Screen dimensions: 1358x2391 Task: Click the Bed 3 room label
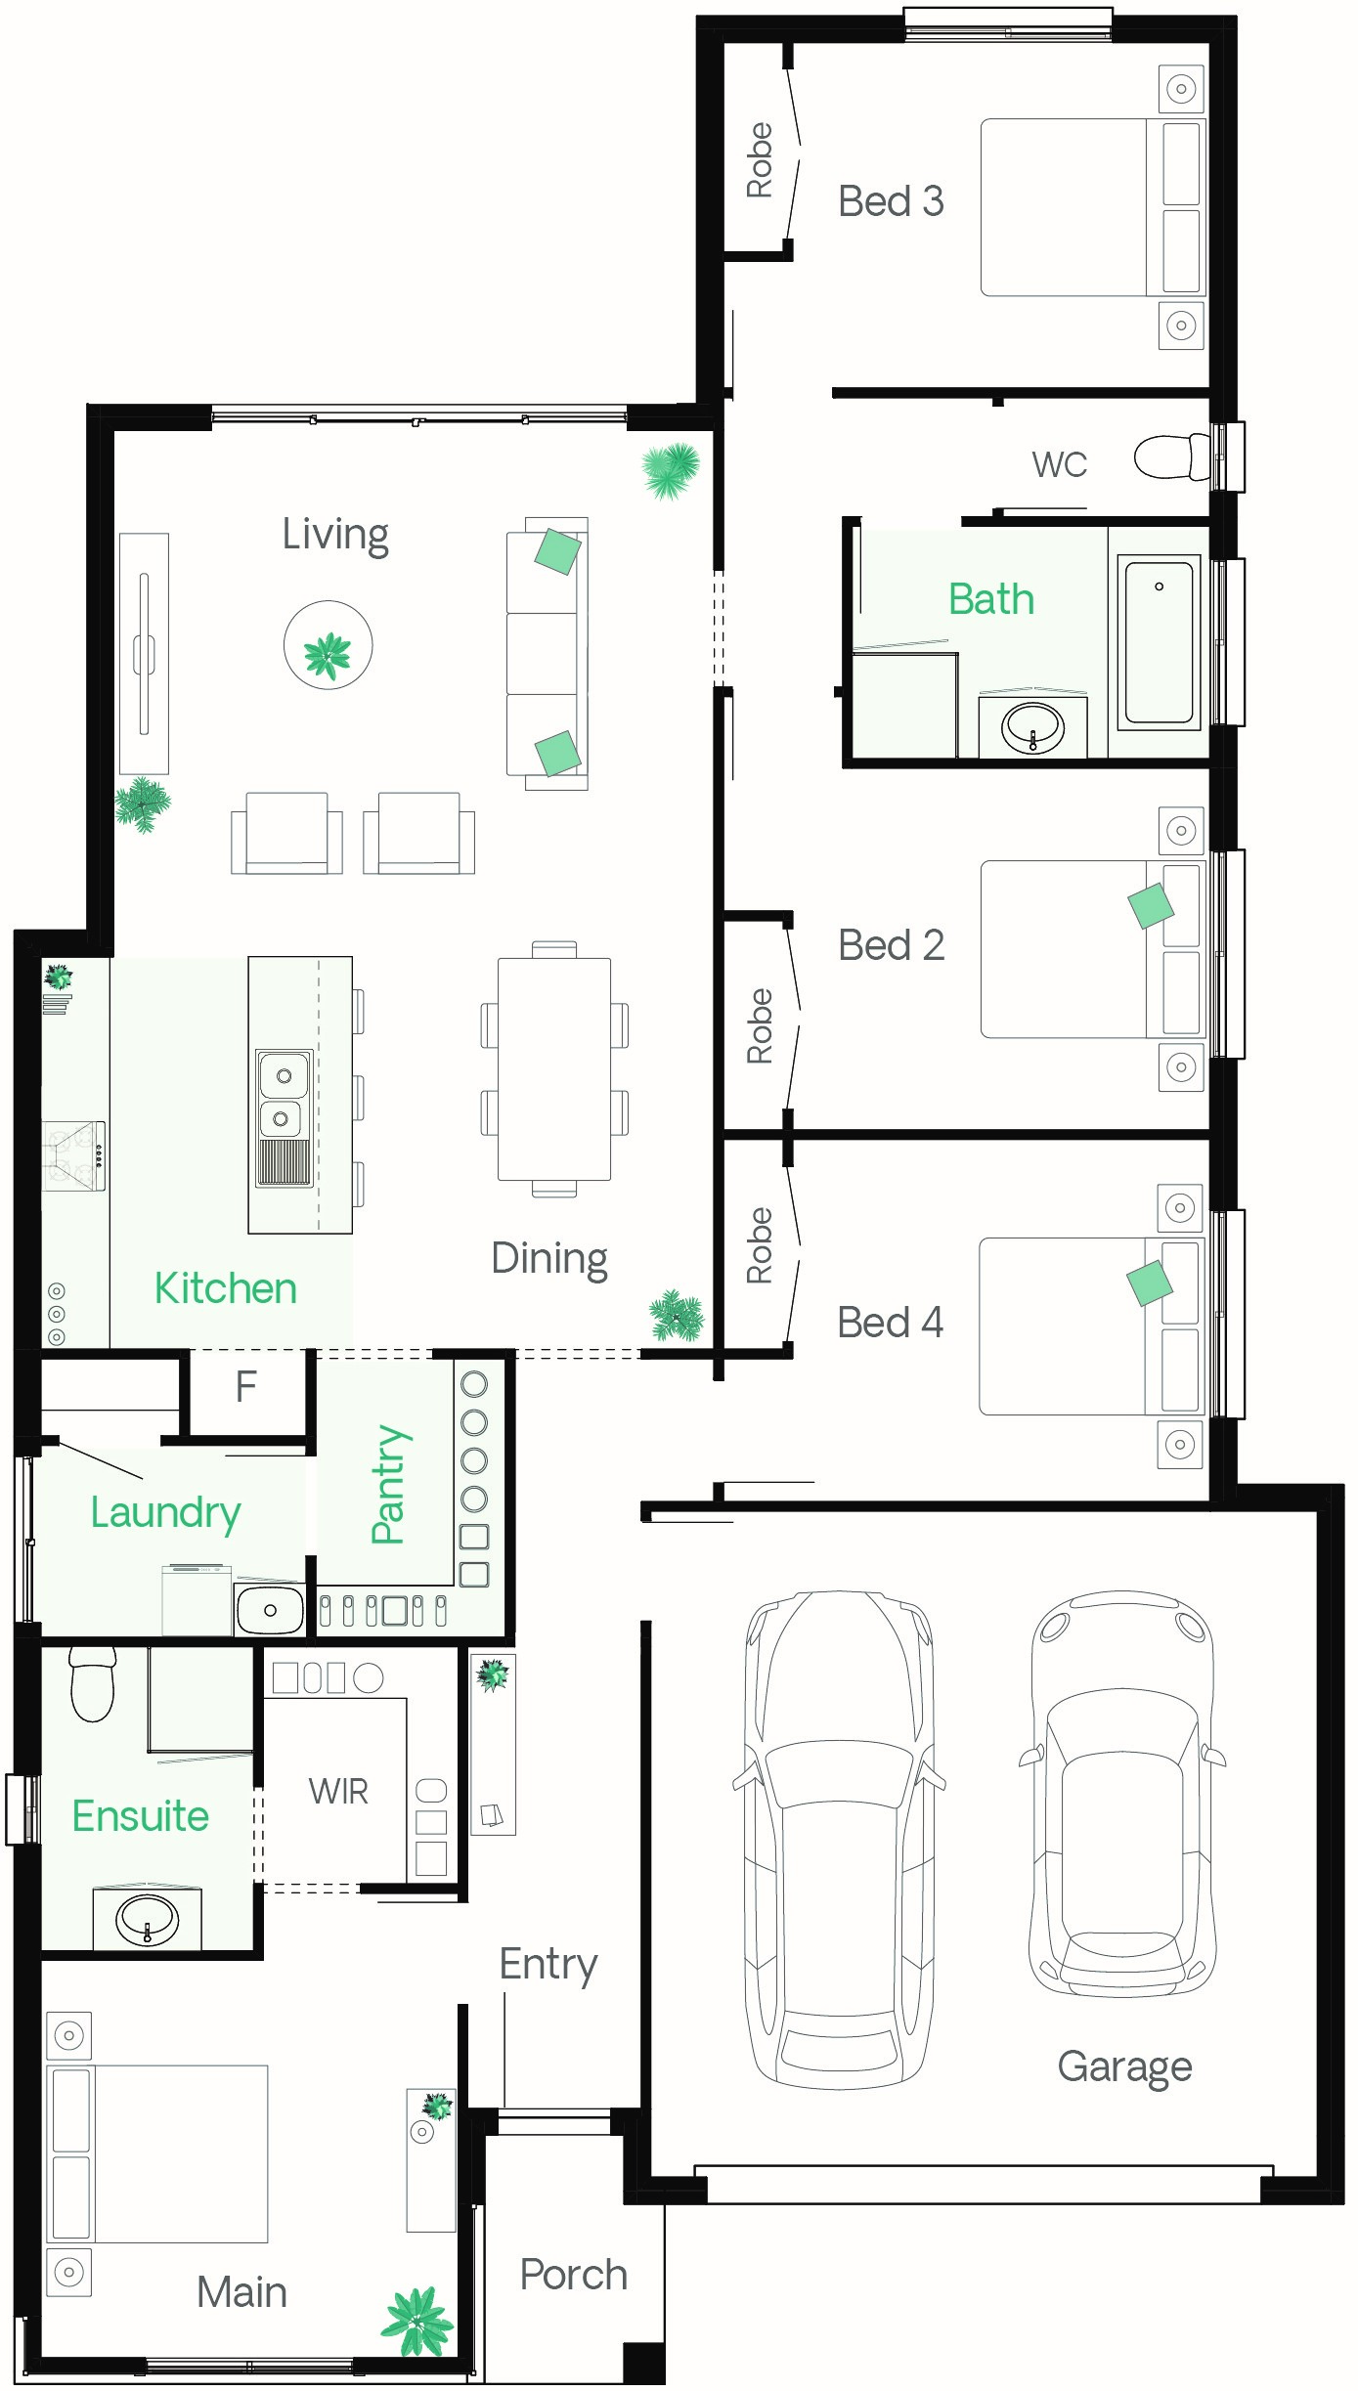(x=891, y=201)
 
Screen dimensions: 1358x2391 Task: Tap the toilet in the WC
(x=1172, y=456)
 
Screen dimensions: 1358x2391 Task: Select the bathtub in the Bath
(x=1159, y=642)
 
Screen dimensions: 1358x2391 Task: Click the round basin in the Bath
(x=1033, y=726)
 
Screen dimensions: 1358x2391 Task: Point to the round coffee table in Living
(x=329, y=645)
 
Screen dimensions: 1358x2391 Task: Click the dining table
(x=554, y=1069)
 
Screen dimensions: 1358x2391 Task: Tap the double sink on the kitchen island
(x=284, y=1118)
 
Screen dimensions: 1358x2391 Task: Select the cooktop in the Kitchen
(x=73, y=1155)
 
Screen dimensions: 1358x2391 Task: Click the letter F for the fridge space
(x=246, y=1386)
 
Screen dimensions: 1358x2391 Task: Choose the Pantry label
(x=389, y=1484)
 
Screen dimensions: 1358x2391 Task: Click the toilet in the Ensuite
(x=93, y=1682)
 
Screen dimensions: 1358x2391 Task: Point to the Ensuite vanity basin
(x=148, y=1919)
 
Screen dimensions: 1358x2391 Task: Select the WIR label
(x=338, y=1792)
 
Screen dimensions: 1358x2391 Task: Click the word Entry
(x=548, y=1965)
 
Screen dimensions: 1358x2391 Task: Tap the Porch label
(x=573, y=2275)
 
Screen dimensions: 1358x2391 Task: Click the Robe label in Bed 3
(x=760, y=160)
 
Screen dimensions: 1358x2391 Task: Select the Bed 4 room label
(x=890, y=1323)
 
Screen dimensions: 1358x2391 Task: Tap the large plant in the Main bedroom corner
(x=417, y=2321)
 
